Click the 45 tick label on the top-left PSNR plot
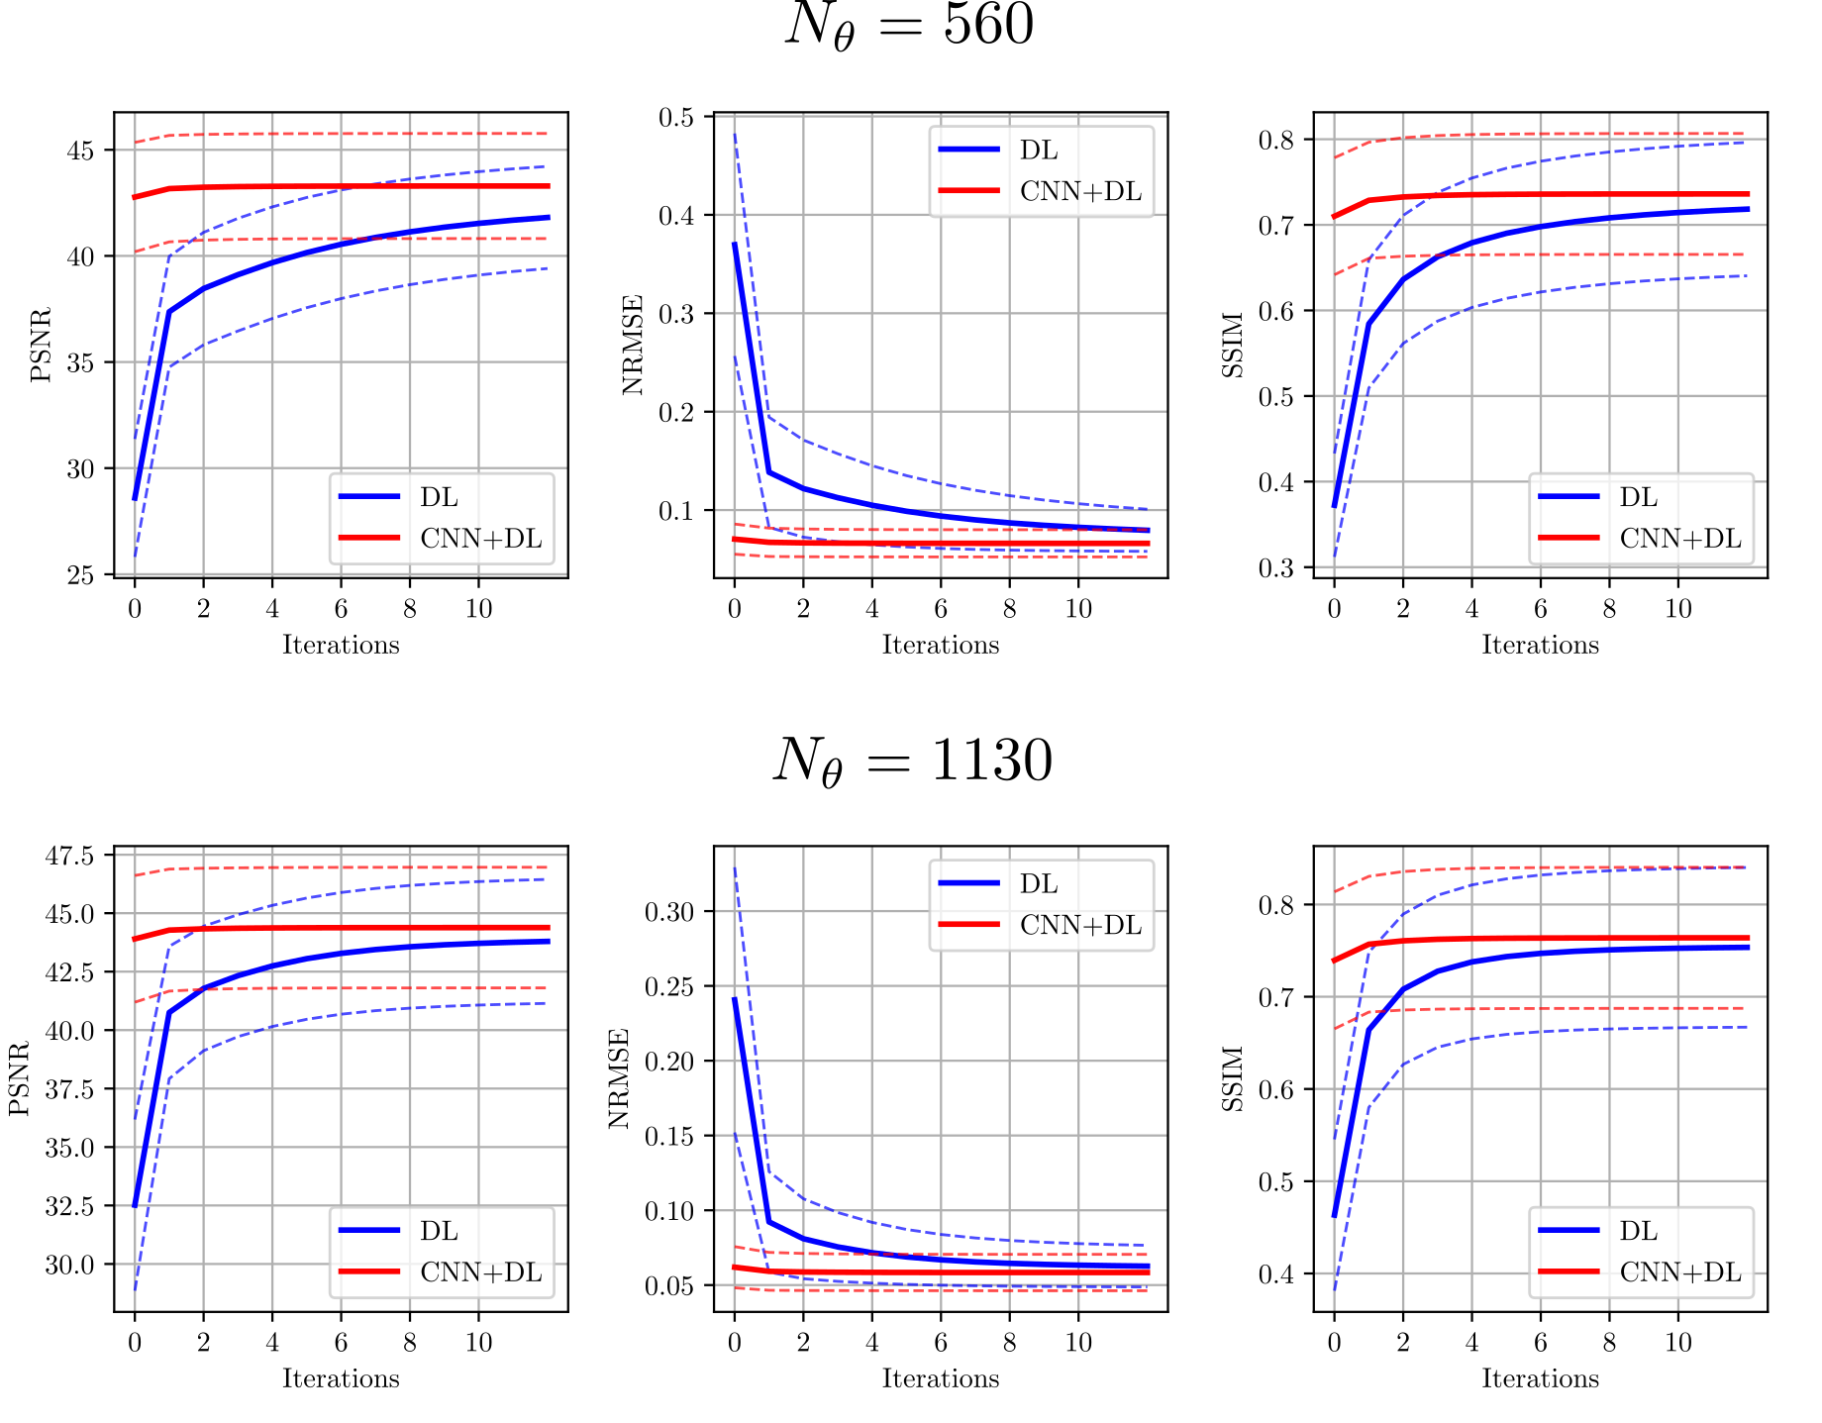coord(80,151)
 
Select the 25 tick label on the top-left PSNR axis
coord(80,575)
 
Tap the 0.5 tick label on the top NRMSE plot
coord(676,118)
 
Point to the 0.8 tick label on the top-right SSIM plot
coord(1276,140)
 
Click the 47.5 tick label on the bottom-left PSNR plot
coord(69,855)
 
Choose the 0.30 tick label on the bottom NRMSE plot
coord(669,912)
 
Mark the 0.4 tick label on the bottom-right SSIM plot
coord(1276,1273)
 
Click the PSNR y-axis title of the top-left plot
coord(41,345)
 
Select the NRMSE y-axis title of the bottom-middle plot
coord(619,1078)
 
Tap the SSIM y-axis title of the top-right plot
coord(1233,345)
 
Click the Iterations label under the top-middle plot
coord(940,645)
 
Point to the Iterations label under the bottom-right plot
coord(1540,1378)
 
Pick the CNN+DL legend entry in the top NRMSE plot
coord(1080,191)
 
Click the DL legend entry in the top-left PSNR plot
coord(439,497)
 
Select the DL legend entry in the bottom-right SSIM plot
coord(1638,1231)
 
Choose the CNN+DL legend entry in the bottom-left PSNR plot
coord(480,1272)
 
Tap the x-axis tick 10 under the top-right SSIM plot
coord(1677,608)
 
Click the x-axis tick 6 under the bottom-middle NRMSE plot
coord(940,1342)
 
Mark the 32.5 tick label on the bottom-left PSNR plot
coord(69,1206)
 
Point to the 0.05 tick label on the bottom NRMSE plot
coord(669,1286)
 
